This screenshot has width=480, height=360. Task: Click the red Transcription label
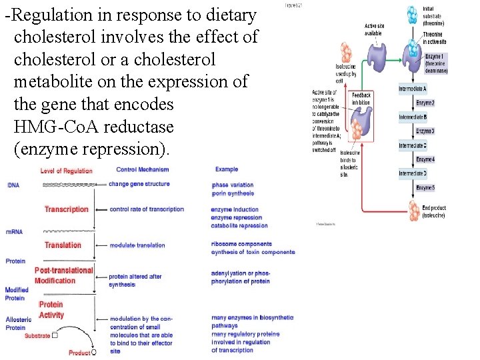point(66,209)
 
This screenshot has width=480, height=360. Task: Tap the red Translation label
point(63,245)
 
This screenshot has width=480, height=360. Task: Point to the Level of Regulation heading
point(66,171)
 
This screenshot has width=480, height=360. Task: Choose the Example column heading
point(226,169)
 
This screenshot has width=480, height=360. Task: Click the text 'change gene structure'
point(139,184)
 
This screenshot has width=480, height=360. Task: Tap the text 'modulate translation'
point(137,245)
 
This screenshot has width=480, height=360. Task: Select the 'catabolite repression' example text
point(239,225)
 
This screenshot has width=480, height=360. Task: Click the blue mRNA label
point(14,231)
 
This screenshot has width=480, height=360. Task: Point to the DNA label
point(13,184)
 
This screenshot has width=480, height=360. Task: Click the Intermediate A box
point(413,89)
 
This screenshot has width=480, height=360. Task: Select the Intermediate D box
point(413,173)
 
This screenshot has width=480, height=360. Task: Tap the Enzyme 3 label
point(425,131)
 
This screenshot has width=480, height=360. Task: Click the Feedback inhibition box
point(361,99)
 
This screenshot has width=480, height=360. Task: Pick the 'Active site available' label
point(373,29)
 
